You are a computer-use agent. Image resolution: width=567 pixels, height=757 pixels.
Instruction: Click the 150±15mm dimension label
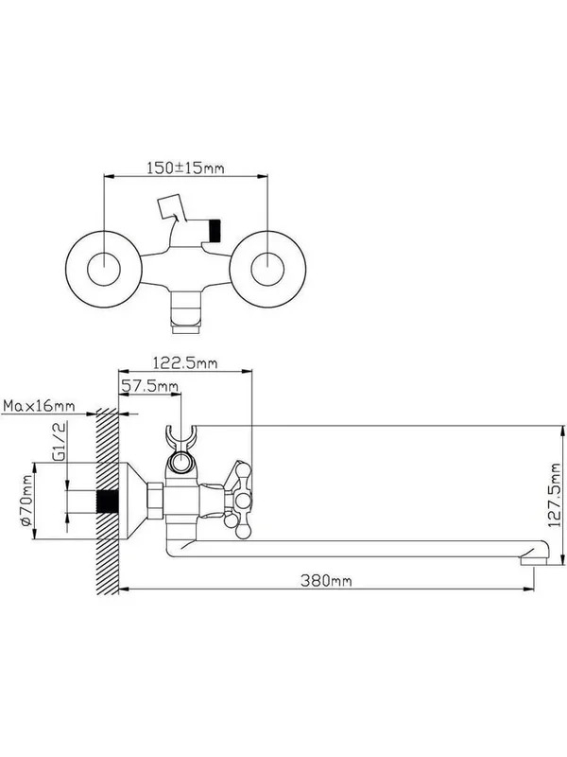(x=185, y=167)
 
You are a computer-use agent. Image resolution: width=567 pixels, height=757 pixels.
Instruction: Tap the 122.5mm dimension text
(x=185, y=362)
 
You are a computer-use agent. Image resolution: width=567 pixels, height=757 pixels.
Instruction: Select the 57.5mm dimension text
(x=150, y=386)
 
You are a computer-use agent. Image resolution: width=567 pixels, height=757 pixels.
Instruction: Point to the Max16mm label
(x=39, y=406)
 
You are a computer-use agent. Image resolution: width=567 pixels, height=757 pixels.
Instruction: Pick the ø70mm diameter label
(x=26, y=500)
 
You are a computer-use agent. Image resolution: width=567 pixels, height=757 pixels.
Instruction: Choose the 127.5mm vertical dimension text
(x=555, y=495)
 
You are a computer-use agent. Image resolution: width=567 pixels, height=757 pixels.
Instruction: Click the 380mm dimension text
(x=326, y=580)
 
